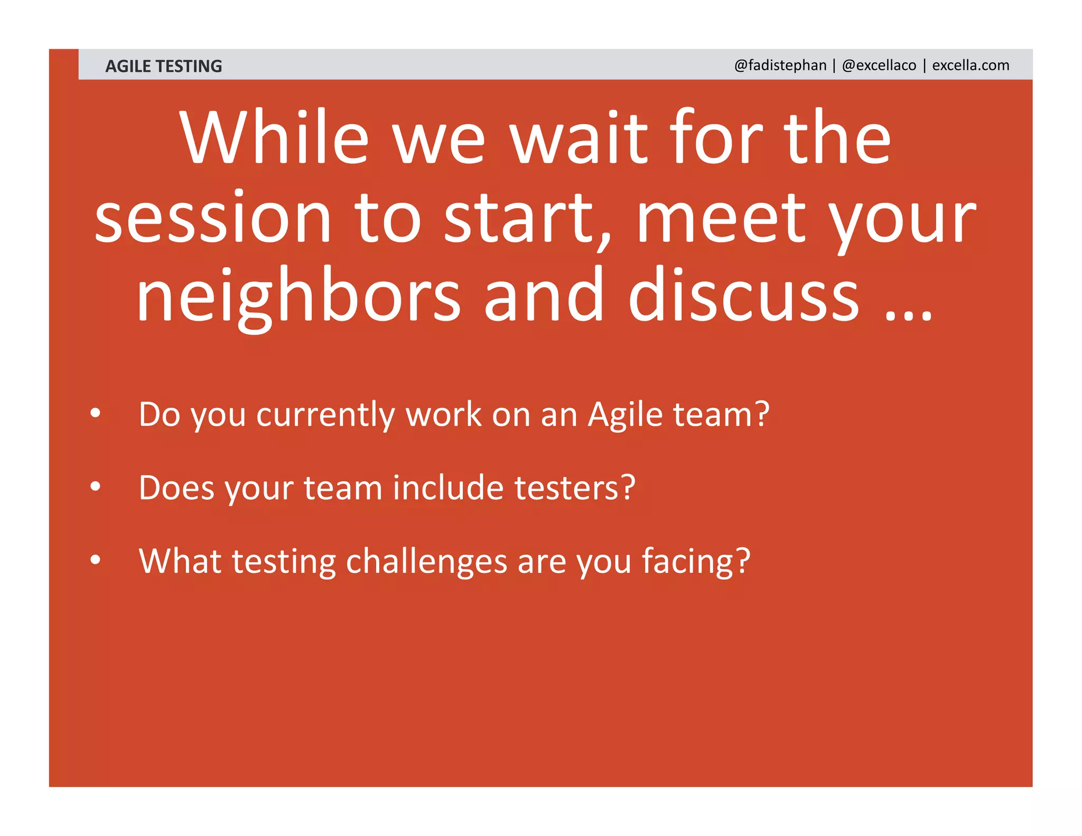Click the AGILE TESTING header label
click(163, 66)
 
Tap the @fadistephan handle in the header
click(780, 65)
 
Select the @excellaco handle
click(879, 65)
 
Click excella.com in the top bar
click(971, 65)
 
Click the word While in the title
click(274, 138)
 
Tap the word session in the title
click(213, 218)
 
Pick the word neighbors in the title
click(299, 296)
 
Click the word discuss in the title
click(743, 296)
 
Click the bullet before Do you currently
click(95, 414)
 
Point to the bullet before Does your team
click(95, 487)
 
